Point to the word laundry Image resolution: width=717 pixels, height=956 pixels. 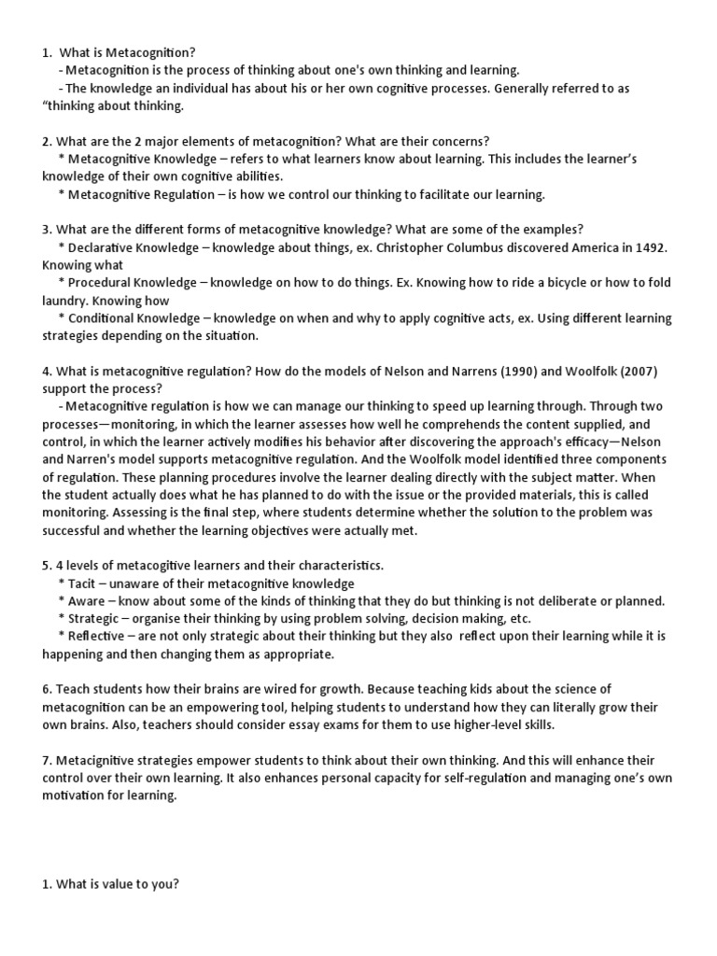(x=66, y=301)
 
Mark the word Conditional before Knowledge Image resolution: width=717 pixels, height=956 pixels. (x=104, y=318)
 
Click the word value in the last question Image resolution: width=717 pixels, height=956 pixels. (x=108, y=885)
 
